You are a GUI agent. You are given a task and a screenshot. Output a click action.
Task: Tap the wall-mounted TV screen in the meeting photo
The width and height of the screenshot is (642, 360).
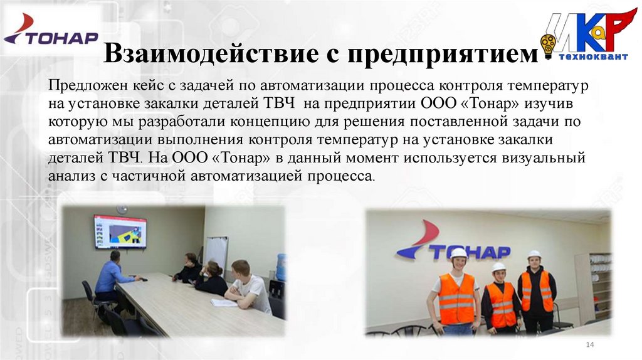(x=120, y=231)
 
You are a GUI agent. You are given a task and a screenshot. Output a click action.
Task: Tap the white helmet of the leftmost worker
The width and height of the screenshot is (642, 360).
(x=458, y=253)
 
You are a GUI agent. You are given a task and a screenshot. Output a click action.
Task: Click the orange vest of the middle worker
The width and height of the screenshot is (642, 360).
(x=502, y=305)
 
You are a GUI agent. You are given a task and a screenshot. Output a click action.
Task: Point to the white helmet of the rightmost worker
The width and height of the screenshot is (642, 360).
(x=534, y=255)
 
